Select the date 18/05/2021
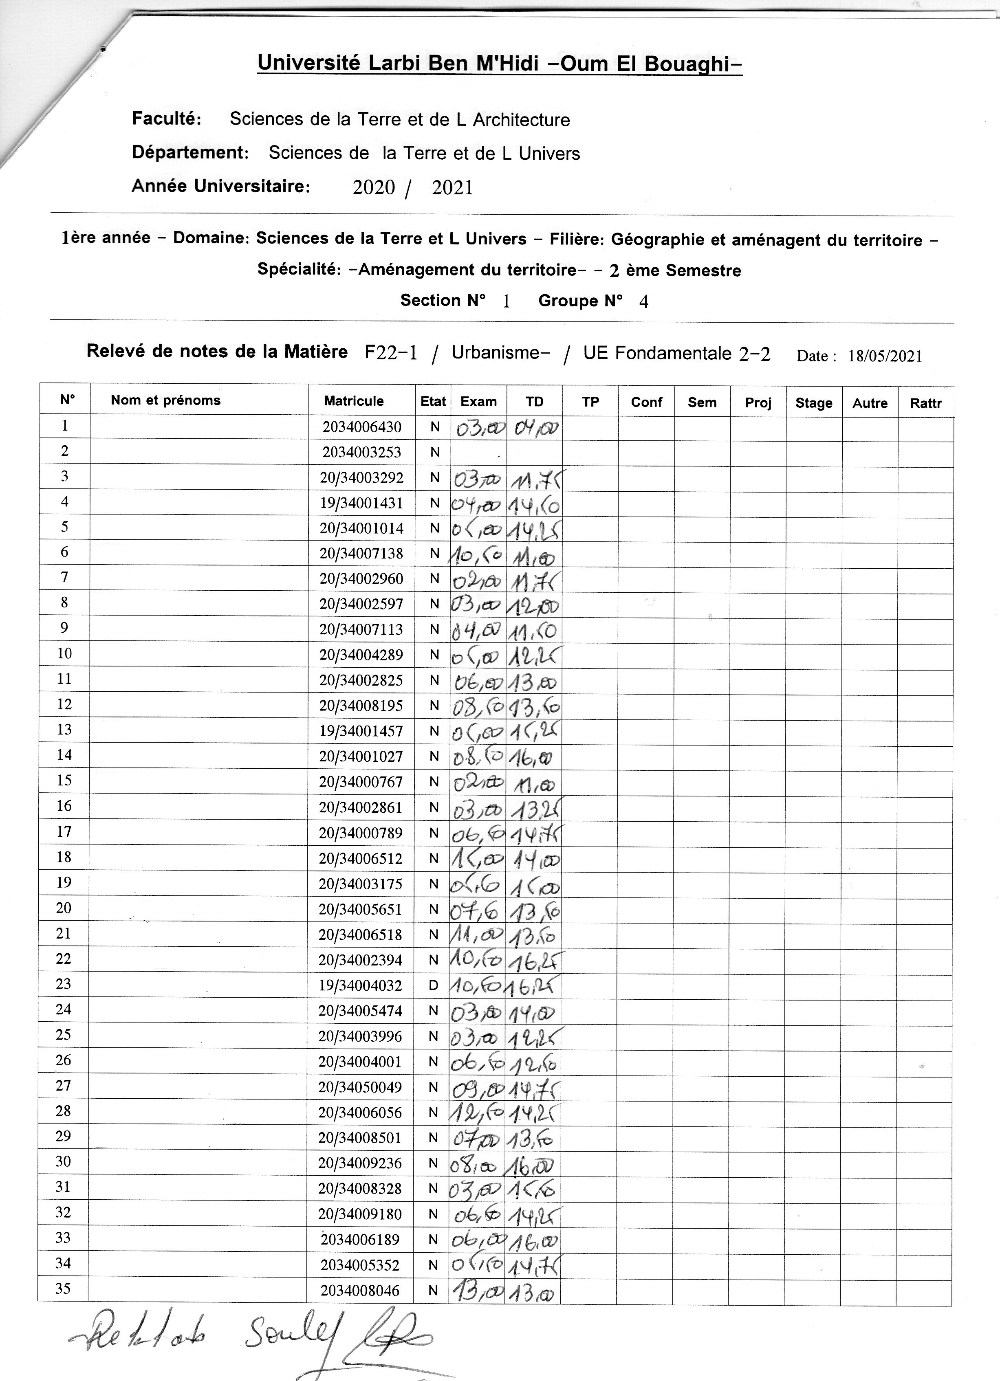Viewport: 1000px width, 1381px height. pyautogui.click(x=885, y=356)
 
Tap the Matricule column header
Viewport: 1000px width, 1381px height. pyautogui.click(x=354, y=401)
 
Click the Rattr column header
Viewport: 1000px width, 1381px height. pyautogui.click(x=926, y=403)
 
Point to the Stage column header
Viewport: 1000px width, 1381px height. pyautogui.click(x=814, y=403)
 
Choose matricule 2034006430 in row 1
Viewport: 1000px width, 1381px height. pyautogui.click(x=362, y=427)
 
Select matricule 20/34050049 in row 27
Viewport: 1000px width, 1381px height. pyautogui.click(x=360, y=1087)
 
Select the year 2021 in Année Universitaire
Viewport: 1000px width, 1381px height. pyautogui.click(x=452, y=187)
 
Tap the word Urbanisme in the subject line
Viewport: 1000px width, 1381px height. pyautogui.click(x=496, y=353)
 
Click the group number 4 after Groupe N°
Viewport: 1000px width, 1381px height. pyautogui.click(x=644, y=301)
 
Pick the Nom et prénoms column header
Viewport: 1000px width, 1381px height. pyautogui.click(x=166, y=400)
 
